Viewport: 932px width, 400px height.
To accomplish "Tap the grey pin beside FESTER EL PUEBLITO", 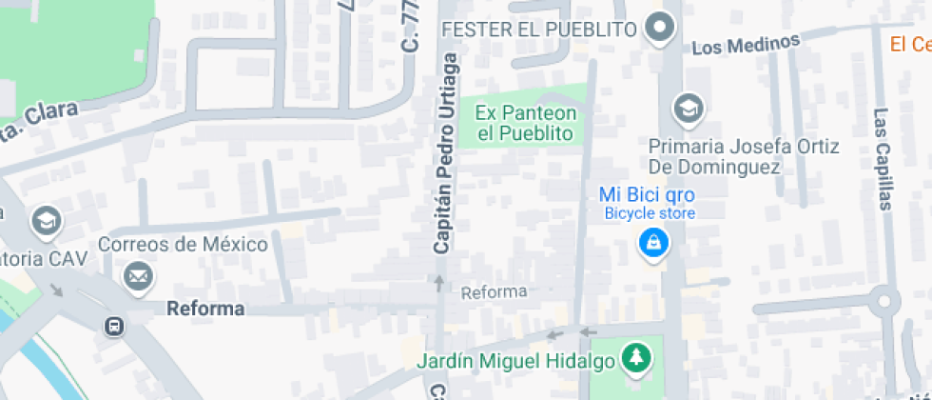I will (659, 28).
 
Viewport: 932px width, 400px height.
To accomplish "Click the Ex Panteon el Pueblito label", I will (525, 123).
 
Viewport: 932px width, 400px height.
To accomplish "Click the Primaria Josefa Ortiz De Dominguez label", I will (743, 157).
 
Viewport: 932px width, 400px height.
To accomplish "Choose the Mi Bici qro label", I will (647, 194).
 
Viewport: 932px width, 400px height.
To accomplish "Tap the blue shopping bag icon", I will (653, 245).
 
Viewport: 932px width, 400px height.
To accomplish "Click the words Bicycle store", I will (650, 213).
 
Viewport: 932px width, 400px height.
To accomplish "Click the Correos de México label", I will (189, 244).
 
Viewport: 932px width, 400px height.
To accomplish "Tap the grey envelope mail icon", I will (138, 277).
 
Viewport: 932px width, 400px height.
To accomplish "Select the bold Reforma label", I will (205, 309).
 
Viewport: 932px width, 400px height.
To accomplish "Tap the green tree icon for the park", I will (635, 359).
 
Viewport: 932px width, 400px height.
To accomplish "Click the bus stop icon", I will (113, 327).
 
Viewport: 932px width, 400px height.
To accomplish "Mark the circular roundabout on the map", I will (884, 302).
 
